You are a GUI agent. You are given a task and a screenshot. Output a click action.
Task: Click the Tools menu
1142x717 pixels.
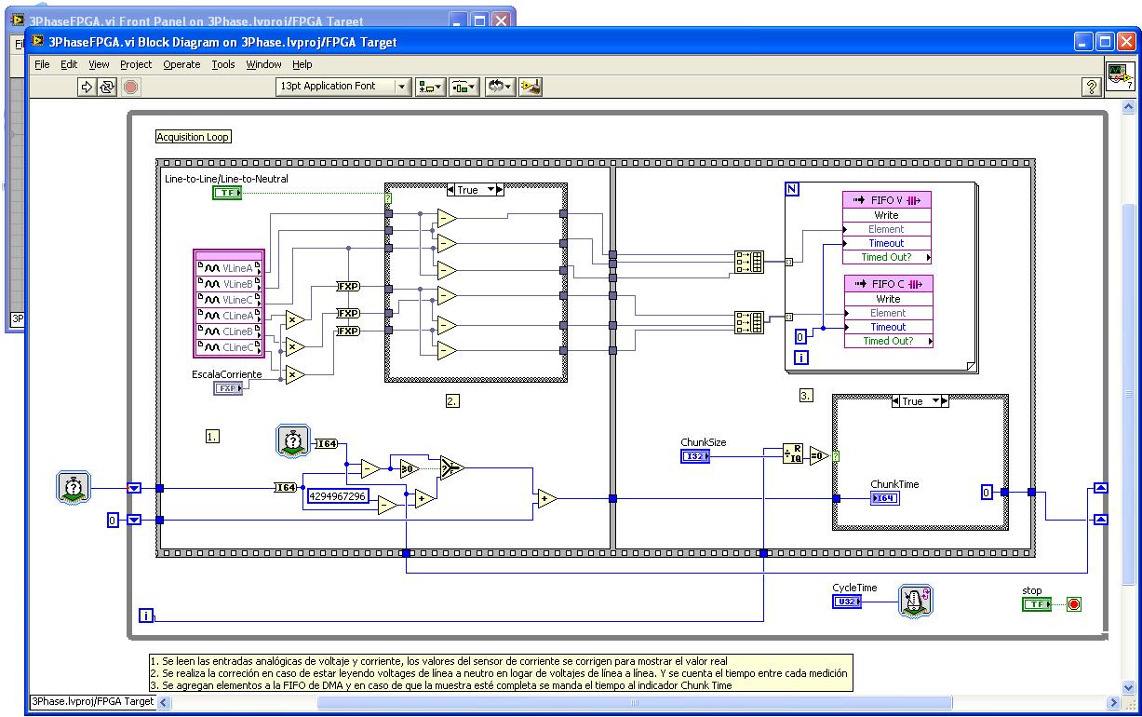point(223,64)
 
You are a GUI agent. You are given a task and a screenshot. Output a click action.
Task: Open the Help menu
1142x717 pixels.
point(302,64)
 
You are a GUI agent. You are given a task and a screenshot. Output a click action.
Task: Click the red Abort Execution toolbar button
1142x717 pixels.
point(131,87)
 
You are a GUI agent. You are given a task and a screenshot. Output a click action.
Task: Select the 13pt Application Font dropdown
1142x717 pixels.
point(343,87)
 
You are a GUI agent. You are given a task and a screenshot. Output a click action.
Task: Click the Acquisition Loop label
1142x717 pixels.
point(193,137)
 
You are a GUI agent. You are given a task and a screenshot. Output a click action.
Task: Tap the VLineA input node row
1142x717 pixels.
point(229,268)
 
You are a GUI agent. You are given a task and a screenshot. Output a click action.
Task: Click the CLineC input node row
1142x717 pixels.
point(229,347)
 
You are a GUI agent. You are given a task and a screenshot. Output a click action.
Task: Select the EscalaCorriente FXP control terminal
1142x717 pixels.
point(228,387)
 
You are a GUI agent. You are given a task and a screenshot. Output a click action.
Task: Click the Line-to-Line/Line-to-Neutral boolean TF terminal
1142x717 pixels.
point(226,193)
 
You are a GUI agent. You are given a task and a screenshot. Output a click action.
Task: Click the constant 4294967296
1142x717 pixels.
point(338,496)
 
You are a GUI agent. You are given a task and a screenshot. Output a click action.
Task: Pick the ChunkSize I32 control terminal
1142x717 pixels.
point(695,456)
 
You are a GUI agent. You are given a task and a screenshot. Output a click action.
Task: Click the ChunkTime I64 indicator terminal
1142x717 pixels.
point(884,498)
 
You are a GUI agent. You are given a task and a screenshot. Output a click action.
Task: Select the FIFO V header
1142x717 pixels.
point(886,200)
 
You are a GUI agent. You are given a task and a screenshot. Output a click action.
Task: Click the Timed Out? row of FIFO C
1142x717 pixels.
point(887,341)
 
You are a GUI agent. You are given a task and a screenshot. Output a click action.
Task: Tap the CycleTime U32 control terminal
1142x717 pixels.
point(846,602)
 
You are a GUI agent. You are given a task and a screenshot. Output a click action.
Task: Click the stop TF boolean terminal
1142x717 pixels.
point(1036,604)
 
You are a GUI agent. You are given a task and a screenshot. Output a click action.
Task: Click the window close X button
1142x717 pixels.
point(1128,42)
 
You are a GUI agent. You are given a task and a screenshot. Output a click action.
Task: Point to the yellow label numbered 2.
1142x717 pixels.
point(452,401)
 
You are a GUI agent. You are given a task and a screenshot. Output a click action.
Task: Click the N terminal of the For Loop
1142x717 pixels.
point(792,189)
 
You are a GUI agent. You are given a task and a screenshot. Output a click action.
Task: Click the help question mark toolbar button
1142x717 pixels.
point(1092,87)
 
